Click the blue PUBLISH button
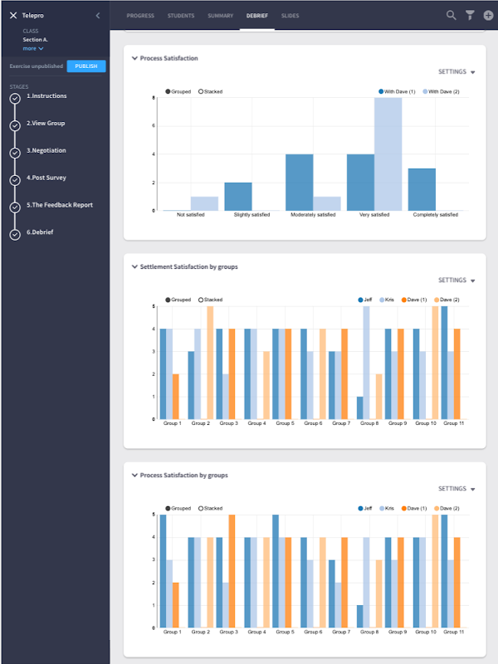pos(85,66)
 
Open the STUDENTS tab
pos(181,16)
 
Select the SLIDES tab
pos(290,16)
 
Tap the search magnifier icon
pos(452,15)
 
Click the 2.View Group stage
pos(46,124)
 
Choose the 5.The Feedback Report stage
pos(59,205)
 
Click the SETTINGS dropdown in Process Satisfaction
pos(456,72)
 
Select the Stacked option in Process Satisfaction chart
pos(211,91)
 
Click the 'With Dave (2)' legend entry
pos(442,91)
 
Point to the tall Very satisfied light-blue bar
pos(388,154)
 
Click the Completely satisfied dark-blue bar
pos(422,189)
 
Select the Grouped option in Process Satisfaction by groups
pos(180,508)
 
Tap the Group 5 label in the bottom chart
pos(284,632)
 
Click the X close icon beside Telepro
pos(13,16)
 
